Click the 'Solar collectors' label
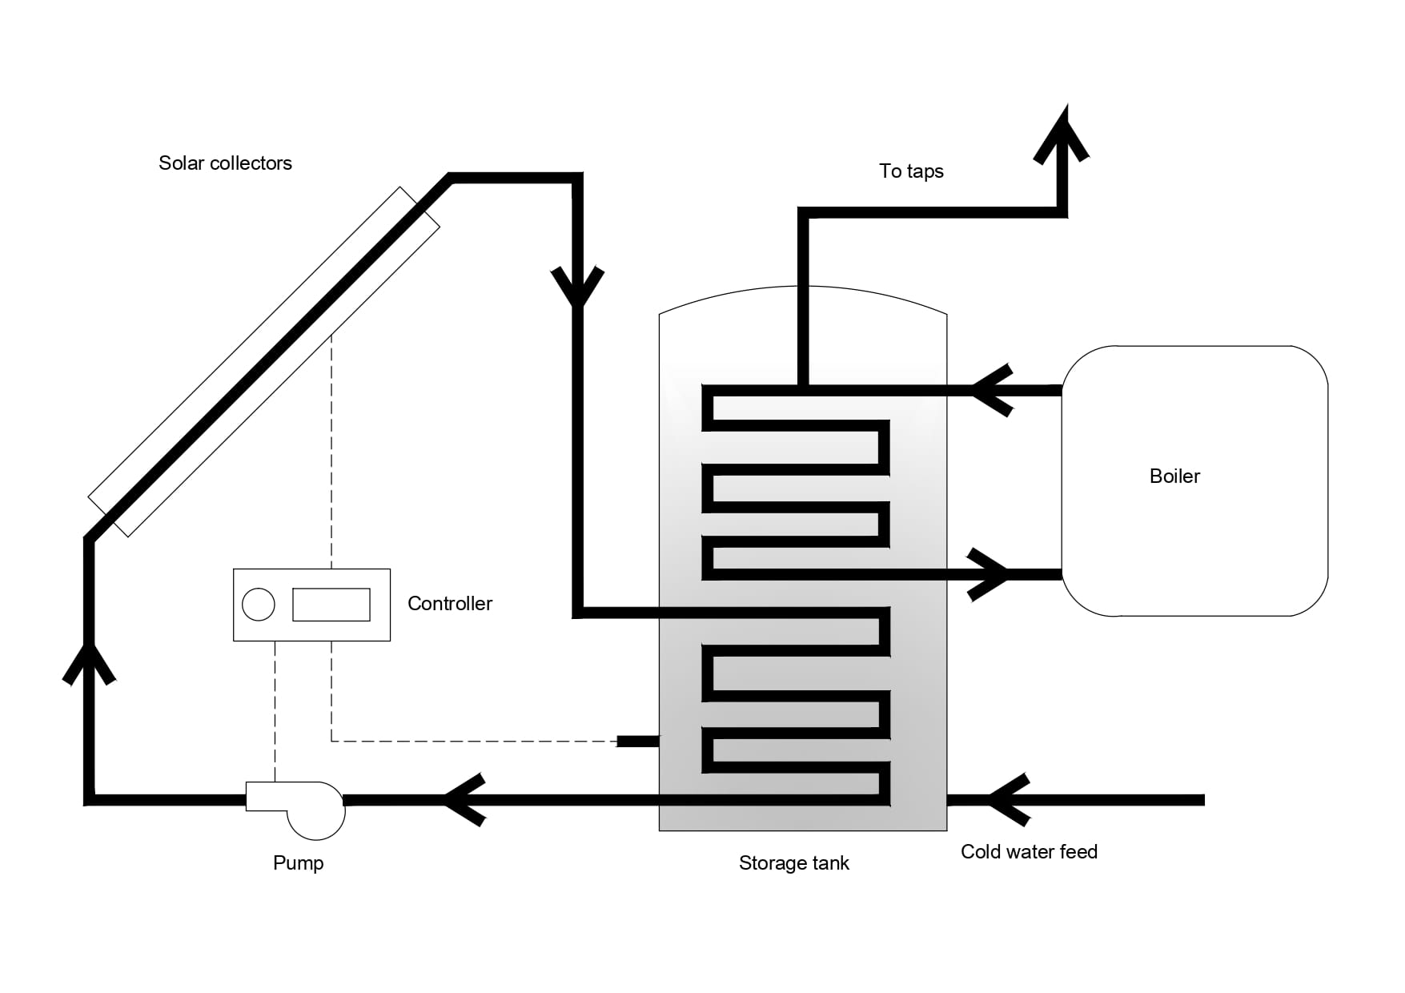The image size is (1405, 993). coord(225,163)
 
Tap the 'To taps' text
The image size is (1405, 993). coord(911,171)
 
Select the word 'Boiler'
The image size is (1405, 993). coord(1174,476)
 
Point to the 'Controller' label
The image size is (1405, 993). coord(449,604)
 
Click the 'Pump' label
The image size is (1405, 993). coord(298,863)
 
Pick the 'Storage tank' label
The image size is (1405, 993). coord(793,863)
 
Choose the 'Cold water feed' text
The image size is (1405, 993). coord(1029,852)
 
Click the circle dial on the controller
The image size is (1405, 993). coord(259,605)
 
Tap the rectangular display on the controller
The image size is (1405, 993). coord(331,605)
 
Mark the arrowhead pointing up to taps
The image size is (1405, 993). coord(1062,133)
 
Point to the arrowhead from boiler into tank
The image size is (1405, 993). coord(991,391)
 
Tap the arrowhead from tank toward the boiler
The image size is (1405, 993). coord(990,574)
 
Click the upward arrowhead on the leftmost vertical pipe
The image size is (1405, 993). coord(90,661)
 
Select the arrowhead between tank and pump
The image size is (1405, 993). coord(464,799)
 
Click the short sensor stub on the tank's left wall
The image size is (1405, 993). coord(637,742)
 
